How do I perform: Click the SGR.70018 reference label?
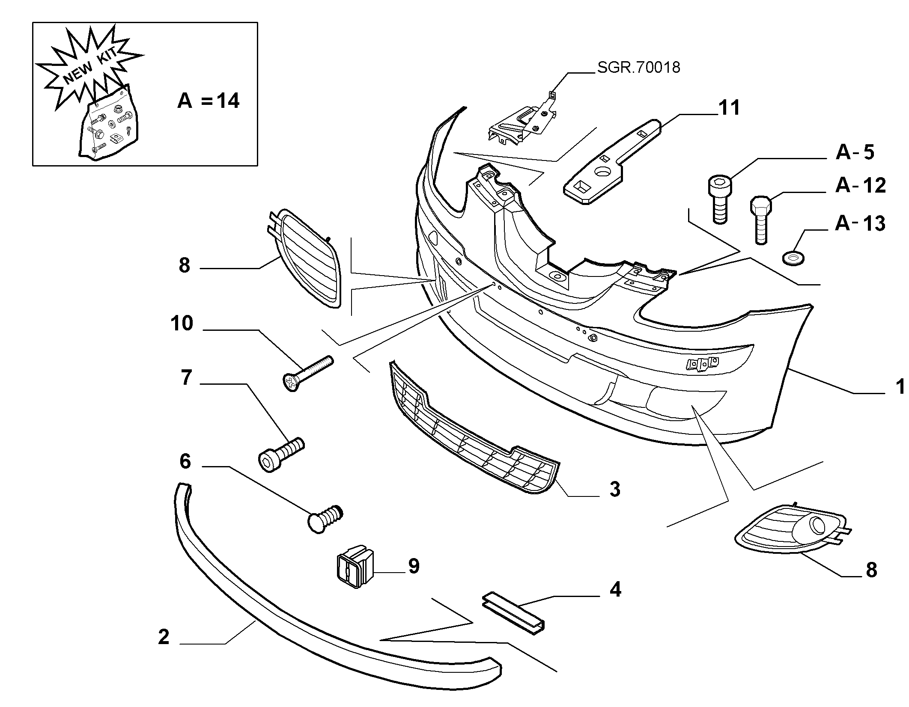pos(638,67)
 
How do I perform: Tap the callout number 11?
pos(729,108)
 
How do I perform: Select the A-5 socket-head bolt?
pos(720,200)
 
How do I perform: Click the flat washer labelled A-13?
pos(793,258)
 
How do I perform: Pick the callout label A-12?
pos(860,185)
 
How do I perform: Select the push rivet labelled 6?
pos(325,518)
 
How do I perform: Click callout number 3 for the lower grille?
pos(615,489)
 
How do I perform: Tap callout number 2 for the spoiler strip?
pos(164,637)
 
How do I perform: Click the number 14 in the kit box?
pos(227,101)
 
